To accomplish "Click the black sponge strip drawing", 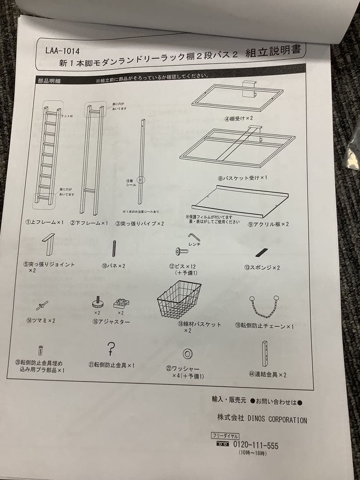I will point(261,252).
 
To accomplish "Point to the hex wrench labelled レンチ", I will point(194,237).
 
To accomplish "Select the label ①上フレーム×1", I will point(45,222).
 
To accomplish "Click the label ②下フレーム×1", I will point(89,223).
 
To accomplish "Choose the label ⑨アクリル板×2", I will point(268,224).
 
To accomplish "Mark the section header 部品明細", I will point(49,80).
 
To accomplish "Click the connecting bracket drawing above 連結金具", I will point(265,354).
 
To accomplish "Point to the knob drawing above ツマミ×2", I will point(42,305).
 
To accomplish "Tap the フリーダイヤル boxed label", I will point(226,436).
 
